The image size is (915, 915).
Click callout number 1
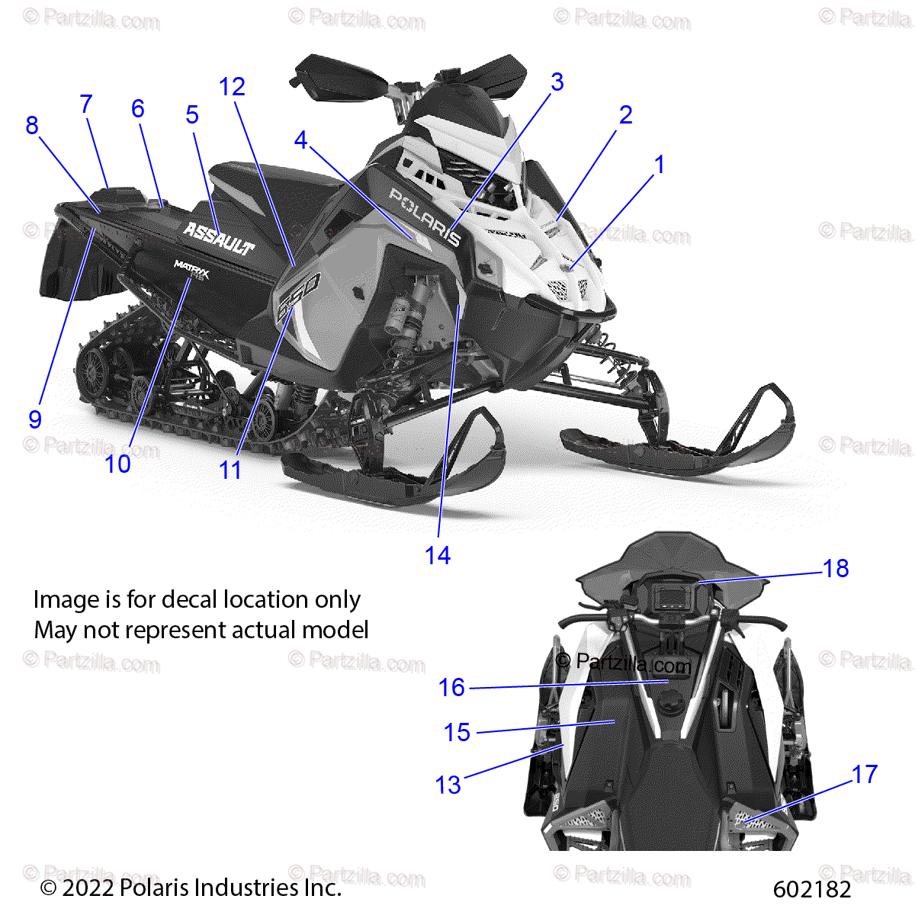pyautogui.click(x=660, y=165)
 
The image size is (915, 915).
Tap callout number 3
pyautogui.click(x=557, y=82)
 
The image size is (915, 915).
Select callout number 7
pyautogui.click(x=86, y=104)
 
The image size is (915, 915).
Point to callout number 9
pyautogui.click(x=35, y=419)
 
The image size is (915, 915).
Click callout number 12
pyautogui.click(x=233, y=87)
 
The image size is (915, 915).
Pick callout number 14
pyautogui.click(x=438, y=556)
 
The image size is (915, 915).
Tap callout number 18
pyautogui.click(x=836, y=568)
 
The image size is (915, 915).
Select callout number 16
pyautogui.click(x=451, y=688)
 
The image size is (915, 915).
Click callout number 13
pyautogui.click(x=448, y=785)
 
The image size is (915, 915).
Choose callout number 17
pyautogui.click(x=865, y=775)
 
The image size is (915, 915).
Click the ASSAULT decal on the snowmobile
pyautogui.click(x=219, y=237)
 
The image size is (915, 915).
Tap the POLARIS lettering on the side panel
pyautogui.click(x=425, y=216)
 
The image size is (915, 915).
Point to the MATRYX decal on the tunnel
pyautogui.click(x=191, y=268)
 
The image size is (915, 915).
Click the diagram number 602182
pyautogui.click(x=812, y=889)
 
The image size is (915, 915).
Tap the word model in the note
pyautogui.click(x=335, y=631)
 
